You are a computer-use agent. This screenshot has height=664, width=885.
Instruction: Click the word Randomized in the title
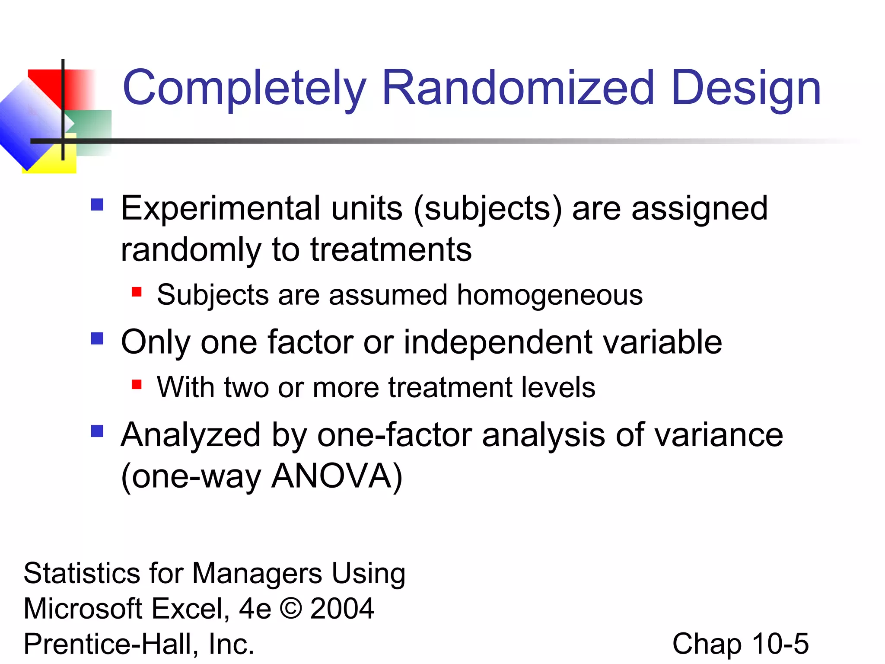point(518,88)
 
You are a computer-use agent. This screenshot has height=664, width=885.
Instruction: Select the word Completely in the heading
point(245,88)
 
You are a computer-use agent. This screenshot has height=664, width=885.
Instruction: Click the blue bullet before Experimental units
point(97,204)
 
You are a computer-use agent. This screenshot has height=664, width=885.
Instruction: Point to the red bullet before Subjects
point(137,292)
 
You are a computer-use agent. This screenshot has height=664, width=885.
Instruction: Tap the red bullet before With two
point(137,384)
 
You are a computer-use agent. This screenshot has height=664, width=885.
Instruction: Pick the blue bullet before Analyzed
point(97,431)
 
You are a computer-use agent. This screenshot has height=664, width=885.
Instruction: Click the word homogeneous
point(550,295)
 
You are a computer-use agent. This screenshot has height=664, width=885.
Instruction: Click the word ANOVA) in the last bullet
point(337,476)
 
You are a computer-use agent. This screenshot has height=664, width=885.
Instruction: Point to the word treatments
point(391,250)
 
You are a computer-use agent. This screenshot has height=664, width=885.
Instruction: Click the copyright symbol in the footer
point(291,608)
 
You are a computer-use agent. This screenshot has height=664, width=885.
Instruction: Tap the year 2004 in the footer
point(342,608)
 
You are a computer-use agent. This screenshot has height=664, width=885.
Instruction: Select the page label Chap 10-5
point(740,644)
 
